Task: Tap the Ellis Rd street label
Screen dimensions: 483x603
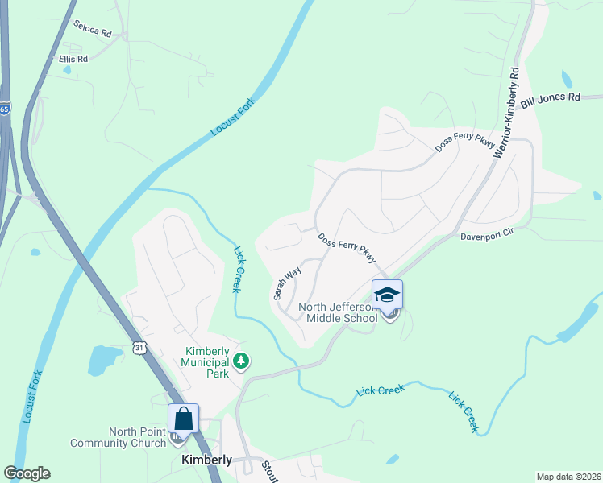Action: point(73,59)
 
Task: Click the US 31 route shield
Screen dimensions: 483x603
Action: point(139,347)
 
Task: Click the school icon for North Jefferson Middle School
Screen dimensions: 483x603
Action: point(387,295)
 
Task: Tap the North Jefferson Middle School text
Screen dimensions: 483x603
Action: point(338,312)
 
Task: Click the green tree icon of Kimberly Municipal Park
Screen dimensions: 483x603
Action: point(241,363)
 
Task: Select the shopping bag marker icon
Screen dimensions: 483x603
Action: point(183,419)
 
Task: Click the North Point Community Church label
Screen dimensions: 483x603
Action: point(119,437)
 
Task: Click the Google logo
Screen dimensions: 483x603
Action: point(27,473)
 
